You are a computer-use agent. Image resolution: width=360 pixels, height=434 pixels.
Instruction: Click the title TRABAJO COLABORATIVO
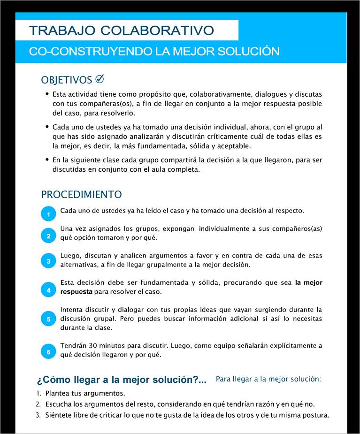point(122,30)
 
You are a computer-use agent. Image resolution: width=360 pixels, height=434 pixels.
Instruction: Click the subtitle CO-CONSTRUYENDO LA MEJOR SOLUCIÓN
point(154,52)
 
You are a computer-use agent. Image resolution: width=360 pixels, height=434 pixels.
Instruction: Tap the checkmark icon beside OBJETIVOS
point(100,79)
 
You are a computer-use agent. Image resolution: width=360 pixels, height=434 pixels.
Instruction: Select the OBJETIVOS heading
point(67,80)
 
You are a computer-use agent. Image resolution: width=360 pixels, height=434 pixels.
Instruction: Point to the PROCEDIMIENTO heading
point(81,194)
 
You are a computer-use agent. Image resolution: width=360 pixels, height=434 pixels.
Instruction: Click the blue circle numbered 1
point(48,214)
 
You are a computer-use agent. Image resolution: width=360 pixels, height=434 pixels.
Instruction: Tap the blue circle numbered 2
point(48,236)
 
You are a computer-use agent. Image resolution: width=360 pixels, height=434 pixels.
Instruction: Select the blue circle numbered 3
point(48,261)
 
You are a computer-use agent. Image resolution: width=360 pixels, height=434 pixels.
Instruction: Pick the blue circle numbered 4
point(48,290)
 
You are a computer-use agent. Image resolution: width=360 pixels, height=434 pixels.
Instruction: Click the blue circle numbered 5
point(48,319)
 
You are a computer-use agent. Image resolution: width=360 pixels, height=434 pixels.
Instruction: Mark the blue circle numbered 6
point(48,351)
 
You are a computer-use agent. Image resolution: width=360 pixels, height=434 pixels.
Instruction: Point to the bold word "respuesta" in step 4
point(76,292)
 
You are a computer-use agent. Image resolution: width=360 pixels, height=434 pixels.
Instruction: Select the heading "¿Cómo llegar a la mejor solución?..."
point(121,380)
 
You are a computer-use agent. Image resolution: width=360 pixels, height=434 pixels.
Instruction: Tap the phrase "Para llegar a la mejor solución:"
point(268,379)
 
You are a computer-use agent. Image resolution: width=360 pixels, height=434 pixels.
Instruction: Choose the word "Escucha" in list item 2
point(59,404)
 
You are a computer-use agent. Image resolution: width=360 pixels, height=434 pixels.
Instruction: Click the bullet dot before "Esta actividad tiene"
point(47,94)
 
